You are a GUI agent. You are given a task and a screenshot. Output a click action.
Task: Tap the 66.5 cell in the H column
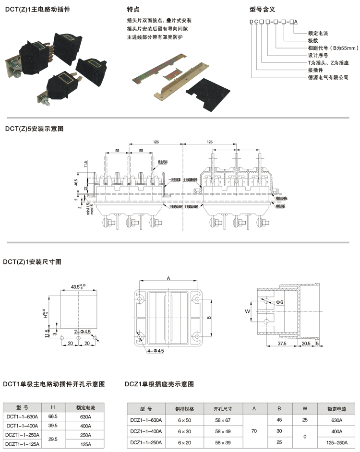[53, 416]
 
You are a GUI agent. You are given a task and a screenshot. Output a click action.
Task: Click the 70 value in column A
[254, 431]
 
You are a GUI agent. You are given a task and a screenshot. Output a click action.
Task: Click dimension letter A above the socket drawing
[168, 278]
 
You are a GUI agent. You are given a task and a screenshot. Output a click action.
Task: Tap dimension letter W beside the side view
[248, 311]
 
